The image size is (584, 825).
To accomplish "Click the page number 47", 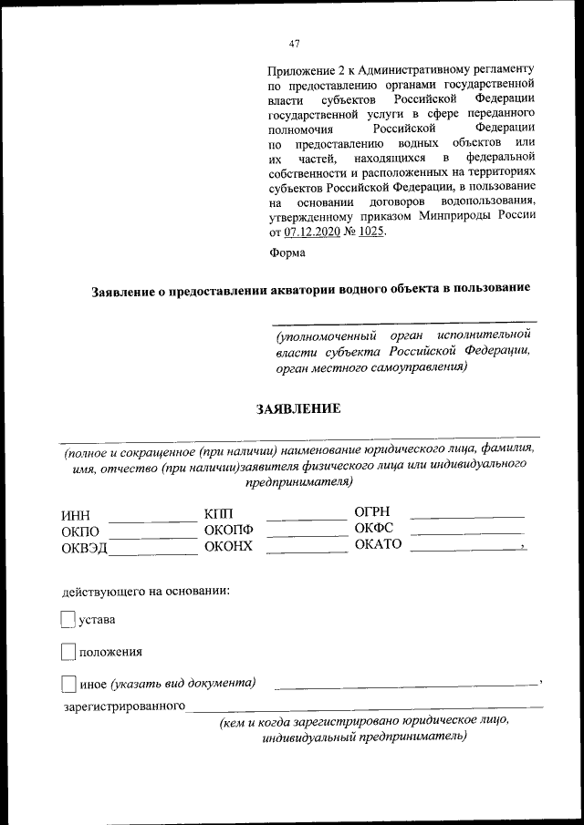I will click(x=293, y=44).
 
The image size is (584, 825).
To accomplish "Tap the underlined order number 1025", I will click(x=370, y=232).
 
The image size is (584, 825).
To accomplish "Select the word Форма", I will click(x=287, y=253).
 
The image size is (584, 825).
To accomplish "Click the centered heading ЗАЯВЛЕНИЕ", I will click(x=298, y=408).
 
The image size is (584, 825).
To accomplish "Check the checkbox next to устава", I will click(x=67, y=620).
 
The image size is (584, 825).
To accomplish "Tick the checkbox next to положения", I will click(x=67, y=652).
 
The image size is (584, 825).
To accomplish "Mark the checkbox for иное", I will click(x=67, y=683).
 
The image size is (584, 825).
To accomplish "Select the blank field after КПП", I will click(x=306, y=516).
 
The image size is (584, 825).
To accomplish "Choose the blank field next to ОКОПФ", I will click(x=306, y=532).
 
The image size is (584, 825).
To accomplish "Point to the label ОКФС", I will click(x=373, y=529).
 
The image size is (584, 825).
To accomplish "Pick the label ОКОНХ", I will click(x=228, y=548).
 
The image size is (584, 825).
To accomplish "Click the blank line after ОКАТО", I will click(x=464, y=547).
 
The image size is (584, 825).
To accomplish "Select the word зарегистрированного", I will click(x=123, y=706).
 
